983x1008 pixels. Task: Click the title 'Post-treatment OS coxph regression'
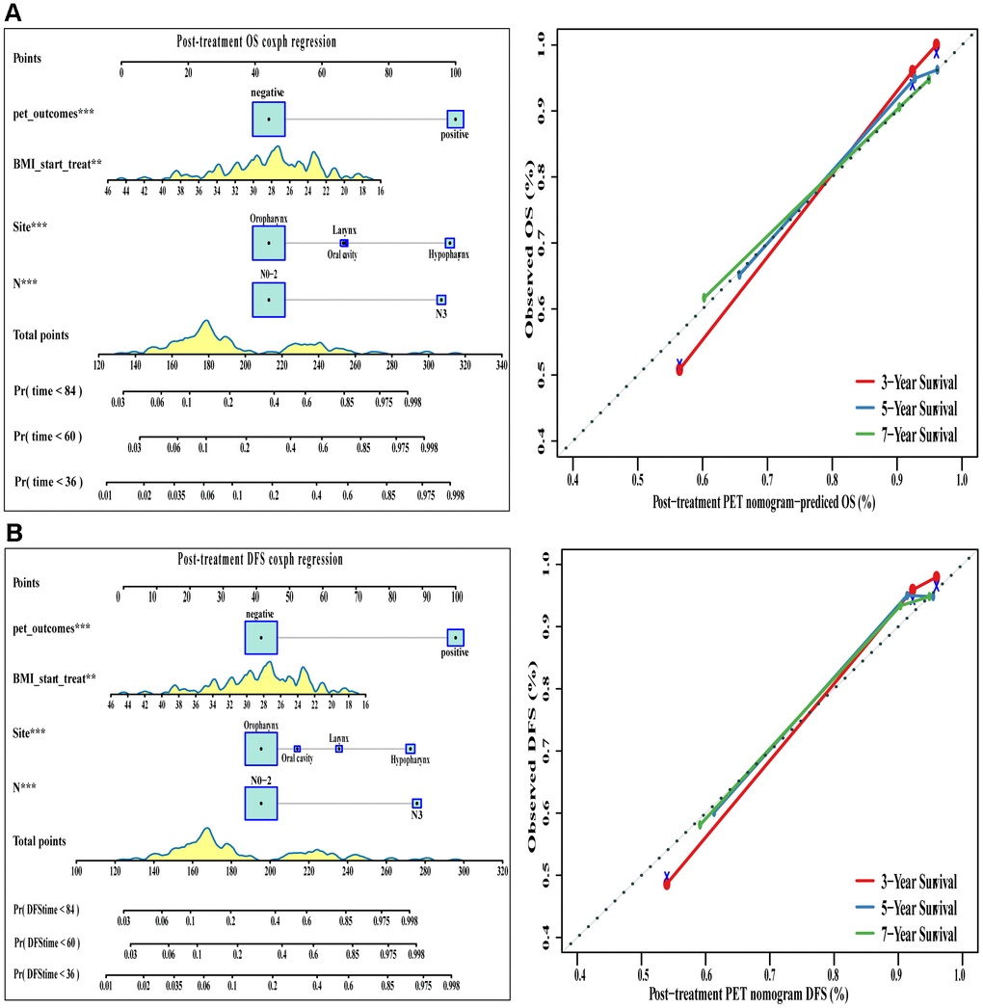[255, 41]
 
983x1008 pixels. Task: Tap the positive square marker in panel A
[456, 119]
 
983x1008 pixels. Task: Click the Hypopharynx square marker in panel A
[449, 243]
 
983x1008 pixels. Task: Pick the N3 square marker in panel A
[441, 300]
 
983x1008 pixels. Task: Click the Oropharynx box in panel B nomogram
[260, 749]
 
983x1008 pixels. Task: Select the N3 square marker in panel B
[416, 803]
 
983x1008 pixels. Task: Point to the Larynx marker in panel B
[338, 749]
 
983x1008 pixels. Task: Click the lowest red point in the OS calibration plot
[679, 369]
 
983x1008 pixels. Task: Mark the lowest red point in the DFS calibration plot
[667, 883]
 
